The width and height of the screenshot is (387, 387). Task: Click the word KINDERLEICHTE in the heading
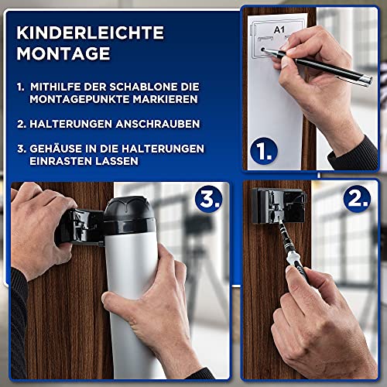[90, 33]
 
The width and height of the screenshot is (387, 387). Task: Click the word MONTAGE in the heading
[63, 53]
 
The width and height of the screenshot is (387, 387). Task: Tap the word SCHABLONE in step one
[143, 87]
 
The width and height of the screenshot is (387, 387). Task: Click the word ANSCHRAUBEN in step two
[158, 124]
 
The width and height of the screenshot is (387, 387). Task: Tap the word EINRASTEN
[61, 161]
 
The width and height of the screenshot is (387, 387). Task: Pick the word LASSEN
[117, 161]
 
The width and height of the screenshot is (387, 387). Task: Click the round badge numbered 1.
[264, 151]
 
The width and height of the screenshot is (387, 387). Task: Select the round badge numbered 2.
[357, 199]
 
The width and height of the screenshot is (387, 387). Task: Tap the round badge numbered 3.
[208, 199]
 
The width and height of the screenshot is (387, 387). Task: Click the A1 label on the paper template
[279, 29]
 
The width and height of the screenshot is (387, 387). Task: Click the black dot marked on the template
[262, 50]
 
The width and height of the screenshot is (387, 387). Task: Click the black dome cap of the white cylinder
[129, 215]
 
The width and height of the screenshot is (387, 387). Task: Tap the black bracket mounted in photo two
[279, 206]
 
